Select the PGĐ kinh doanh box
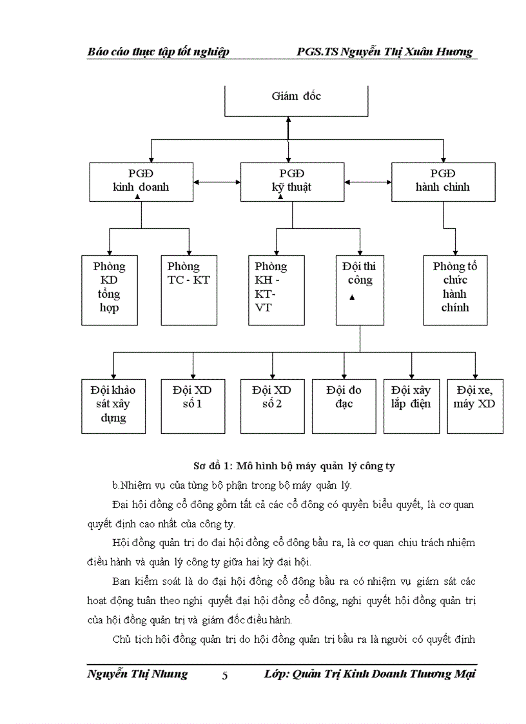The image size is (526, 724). (x=141, y=181)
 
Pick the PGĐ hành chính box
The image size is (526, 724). (x=443, y=181)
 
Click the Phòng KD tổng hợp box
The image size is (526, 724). (x=110, y=289)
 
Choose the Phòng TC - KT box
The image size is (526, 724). (x=189, y=289)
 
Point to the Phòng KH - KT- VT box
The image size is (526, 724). (x=276, y=289)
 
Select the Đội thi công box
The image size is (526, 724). (x=360, y=289)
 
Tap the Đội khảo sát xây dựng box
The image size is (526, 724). (x=113, y=406)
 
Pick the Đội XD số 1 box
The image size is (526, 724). (x=192, y=406)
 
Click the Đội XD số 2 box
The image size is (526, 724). (x=272, y=406)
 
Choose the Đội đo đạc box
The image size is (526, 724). (x=344, y=406)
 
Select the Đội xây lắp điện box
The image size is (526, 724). (x=411, y=406)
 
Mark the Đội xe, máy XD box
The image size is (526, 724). (x=475, y=406)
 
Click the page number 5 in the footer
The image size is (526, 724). (x=224, y=676)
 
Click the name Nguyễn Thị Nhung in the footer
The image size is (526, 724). (x=137, y=674)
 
